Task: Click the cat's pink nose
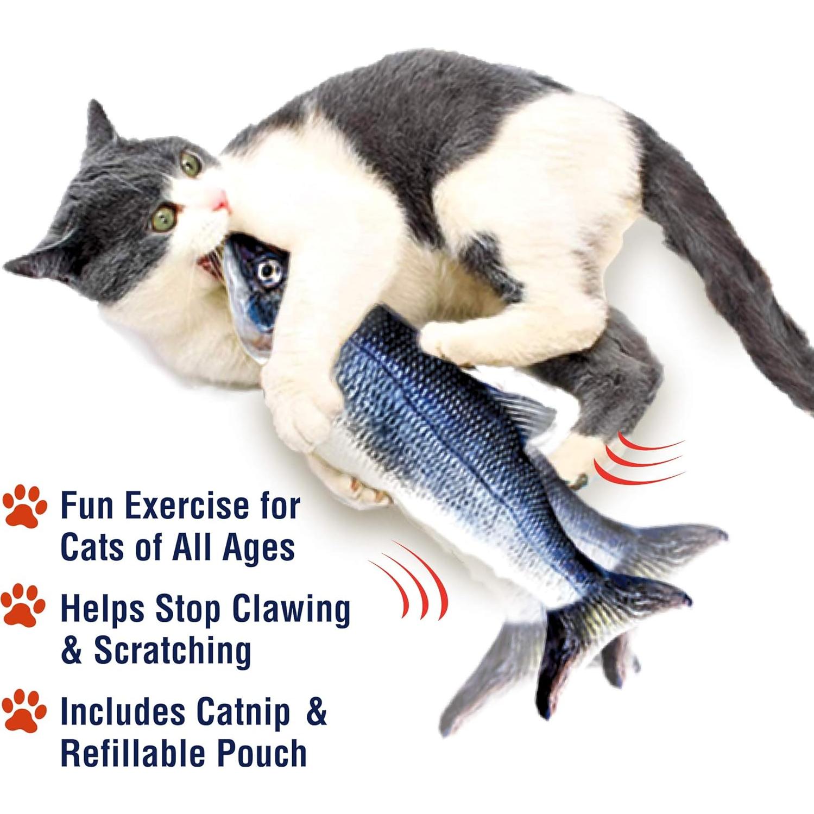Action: pyautogui.click(x=219, y=200)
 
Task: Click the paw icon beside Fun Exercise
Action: pyautogui.click(x=25, y=506)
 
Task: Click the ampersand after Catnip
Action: pyautogui.click(x=316, y=712)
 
